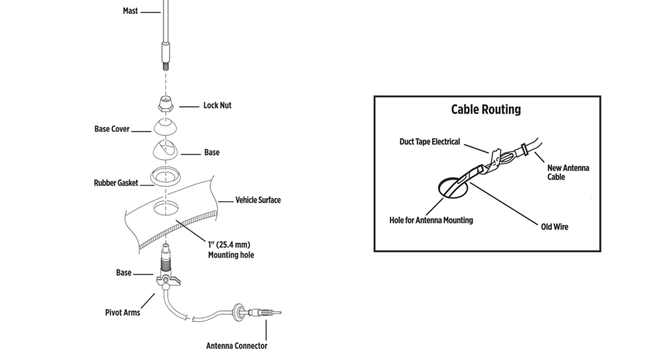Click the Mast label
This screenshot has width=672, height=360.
pos(130,11)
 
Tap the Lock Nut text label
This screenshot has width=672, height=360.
pos(217,106)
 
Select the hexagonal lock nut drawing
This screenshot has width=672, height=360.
pos(165,105)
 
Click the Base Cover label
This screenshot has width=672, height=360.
pos(112,129)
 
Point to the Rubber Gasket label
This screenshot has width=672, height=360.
pos(116,183)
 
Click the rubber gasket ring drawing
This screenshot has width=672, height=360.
pos(166,175)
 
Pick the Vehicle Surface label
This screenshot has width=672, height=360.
pos(258,200)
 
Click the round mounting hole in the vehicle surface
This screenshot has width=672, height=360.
pos(166,208)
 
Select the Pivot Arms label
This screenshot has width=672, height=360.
pos(122,312)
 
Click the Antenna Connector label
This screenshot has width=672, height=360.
pos(237,346)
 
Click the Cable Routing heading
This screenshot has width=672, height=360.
pos(486,110)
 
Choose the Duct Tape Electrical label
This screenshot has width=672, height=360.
pos(429,142)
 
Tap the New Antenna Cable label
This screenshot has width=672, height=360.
pos(568,172)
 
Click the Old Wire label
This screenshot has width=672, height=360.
pos(555,227)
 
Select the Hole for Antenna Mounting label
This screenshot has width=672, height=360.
pos(431,221)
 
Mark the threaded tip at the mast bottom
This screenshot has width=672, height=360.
pos(166,66)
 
